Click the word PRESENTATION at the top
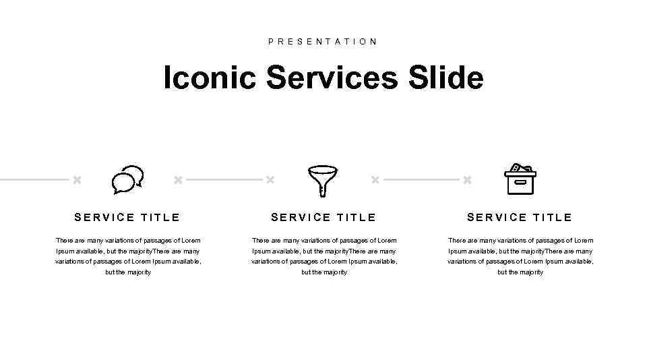pyautogui.click(x=323, y=41)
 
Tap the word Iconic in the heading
pyautogui.click(x=210, y=78)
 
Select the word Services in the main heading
pyautogui.click(x=332, y=78)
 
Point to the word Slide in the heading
pyautogui.click(x=445, y=78)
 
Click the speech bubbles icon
pyautogui.click(x=127, y=180)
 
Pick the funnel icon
pyautogui.click(x=322, y=181)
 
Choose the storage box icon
pyautogui.click(x=520, y=179)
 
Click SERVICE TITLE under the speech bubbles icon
pyautogui.click(x=127, y=217)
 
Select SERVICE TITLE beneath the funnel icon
pyautogui.click(x=323, y=217)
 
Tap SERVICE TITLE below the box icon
pyautogui.click(x=520, y=217)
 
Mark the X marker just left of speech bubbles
pyautogui.click(x=77, y=180)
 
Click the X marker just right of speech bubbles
pyautogui.click(x=178, y=180)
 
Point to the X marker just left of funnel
pyautogui.click(x=270, y=180)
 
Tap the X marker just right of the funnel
pyautogui.click(x=375, y=180)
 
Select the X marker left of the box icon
pyautogui.click(x=467, y=180)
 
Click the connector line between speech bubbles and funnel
pyautogui.click(x=224, y=180)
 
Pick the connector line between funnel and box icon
pyautogui.click(x=421, y=180)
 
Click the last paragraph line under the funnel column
pyautogui.click(x=324, y=272)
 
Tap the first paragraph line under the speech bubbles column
pyautogui.click(x=128, y=241)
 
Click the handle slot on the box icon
pyautogui.click(x=520, y=182)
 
